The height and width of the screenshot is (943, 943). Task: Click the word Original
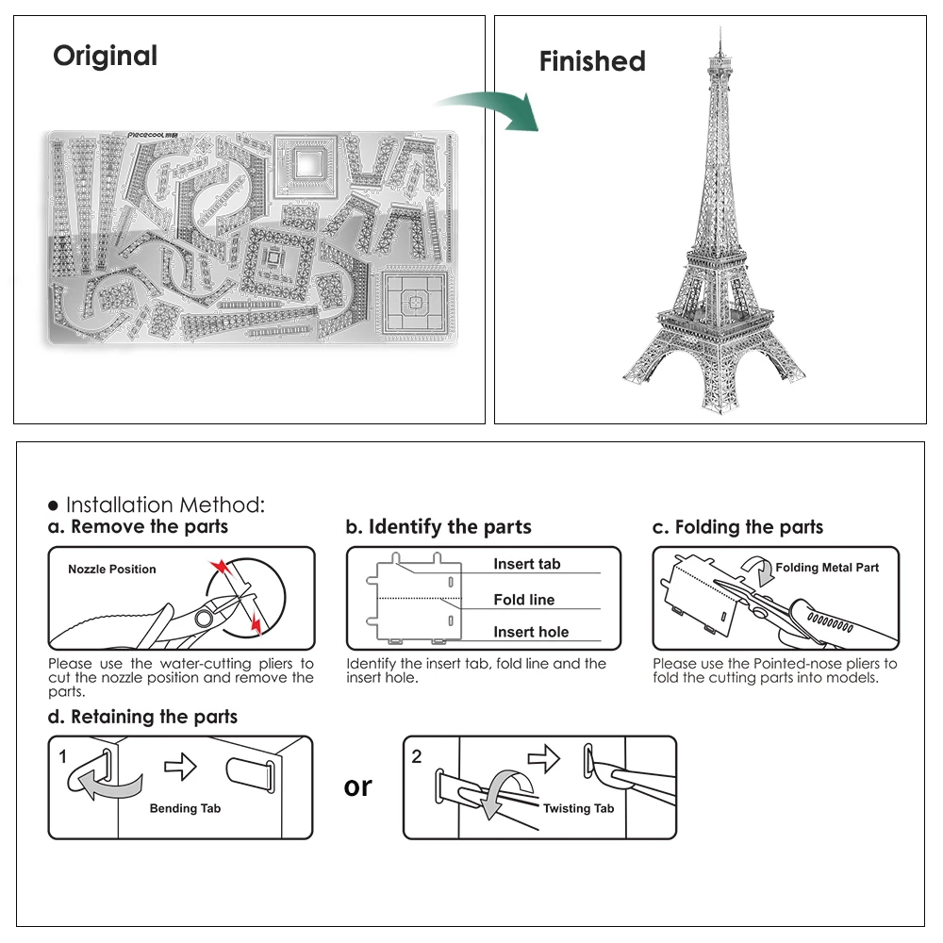coord(105,57)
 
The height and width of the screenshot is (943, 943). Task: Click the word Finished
coord(592,62)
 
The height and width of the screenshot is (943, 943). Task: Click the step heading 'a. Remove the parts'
coord(139,526)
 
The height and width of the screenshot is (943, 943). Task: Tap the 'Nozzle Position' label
coord(112,569)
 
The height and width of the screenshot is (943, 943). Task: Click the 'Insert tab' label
coord(526,564)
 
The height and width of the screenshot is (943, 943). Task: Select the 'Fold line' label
coord(523,600)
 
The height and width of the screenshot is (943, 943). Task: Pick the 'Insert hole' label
coord(531,633)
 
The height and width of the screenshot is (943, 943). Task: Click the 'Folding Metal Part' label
coord(826,568)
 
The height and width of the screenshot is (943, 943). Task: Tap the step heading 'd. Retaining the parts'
coord(142,717)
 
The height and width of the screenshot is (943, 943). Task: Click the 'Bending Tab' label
coord(185,808)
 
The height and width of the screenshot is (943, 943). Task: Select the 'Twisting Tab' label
coord(578,808)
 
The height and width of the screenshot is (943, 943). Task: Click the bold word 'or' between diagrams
coord(358,786)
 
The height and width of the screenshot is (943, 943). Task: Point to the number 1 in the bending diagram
coord(62,756)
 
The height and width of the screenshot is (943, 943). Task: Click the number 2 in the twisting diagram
coord(417,756)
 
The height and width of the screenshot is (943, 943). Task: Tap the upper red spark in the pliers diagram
coord(220,567)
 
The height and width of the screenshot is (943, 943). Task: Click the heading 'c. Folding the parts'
coord(737,527)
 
